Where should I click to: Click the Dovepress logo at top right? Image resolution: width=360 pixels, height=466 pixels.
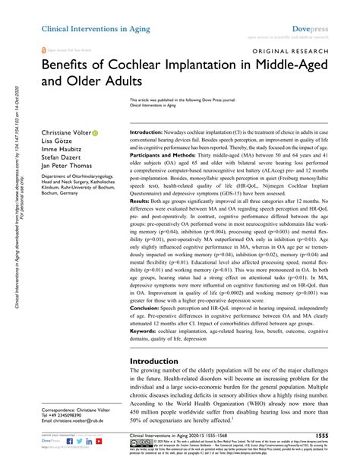click(x=326, y=27)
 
